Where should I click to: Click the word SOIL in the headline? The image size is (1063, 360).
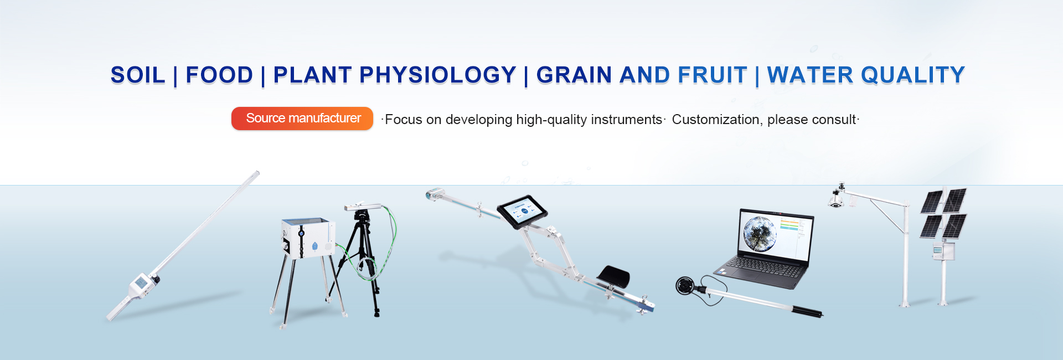click(x=138, y=75)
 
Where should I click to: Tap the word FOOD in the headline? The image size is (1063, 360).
click(x=219, y=75)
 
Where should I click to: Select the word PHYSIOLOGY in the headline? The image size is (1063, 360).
click(x=438, y=75)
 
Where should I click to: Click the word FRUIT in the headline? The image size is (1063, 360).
click(x=713, y=75)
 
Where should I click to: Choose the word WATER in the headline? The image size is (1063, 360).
click(x=810, y=75)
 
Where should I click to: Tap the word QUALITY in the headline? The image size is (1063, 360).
click(x=913, y=75)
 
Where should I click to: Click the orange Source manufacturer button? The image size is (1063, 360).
click(x=302, y=119)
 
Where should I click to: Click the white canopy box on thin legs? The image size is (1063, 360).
click(x=308, y=238)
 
